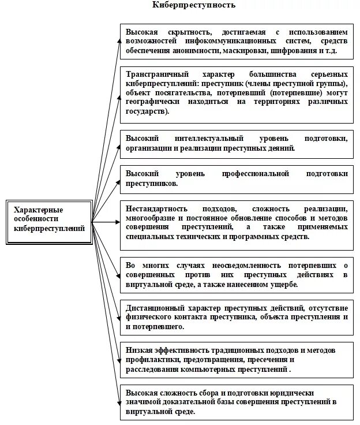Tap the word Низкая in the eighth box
137,351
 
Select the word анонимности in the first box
195,51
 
